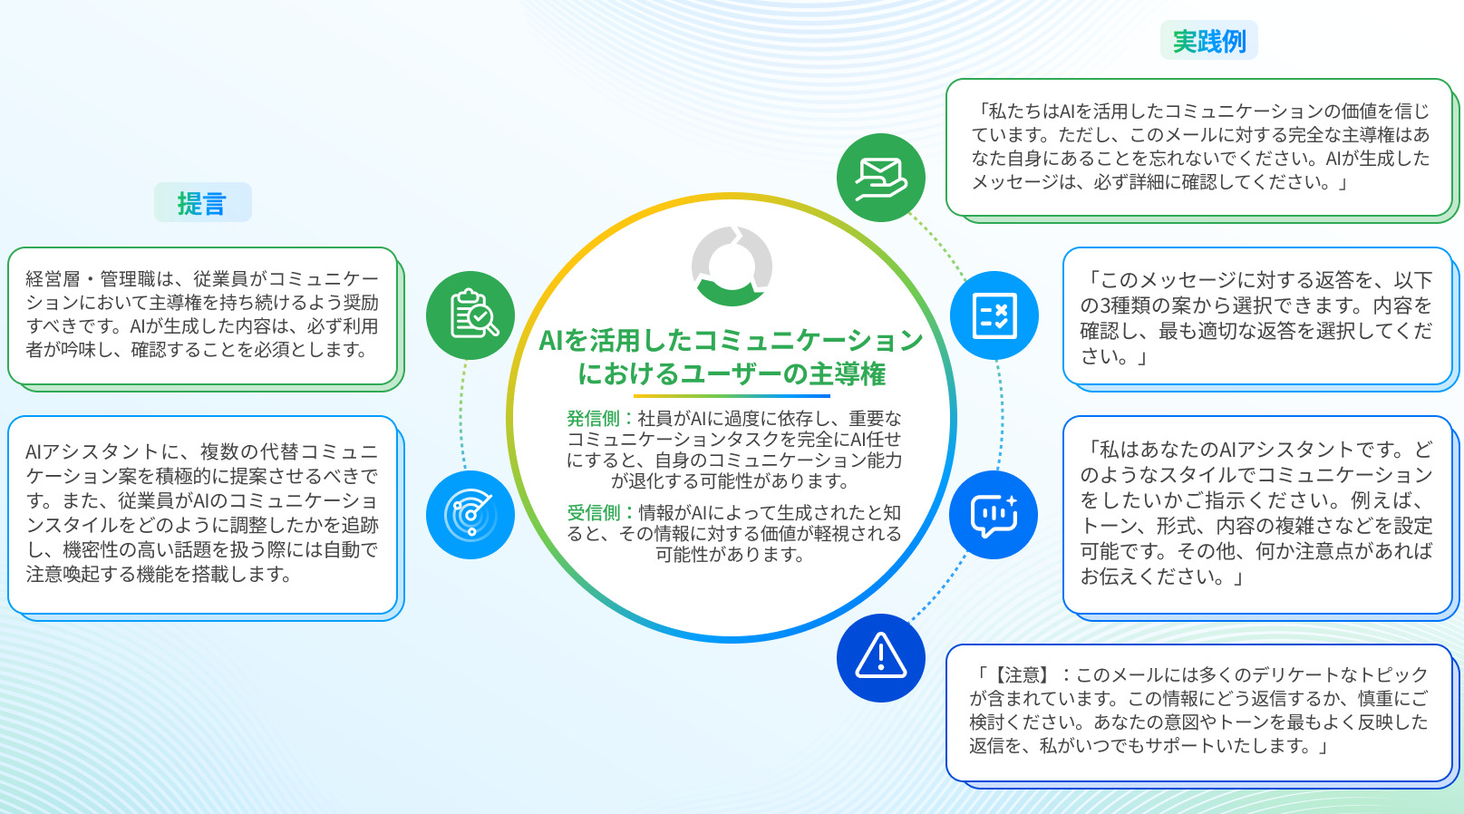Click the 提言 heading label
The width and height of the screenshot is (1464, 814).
[203, 202]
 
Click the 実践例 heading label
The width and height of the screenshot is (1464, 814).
[1209, 41]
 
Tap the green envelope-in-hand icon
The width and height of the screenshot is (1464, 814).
[881, 178]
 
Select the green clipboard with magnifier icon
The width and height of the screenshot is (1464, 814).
[470, 315]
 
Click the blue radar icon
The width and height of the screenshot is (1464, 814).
[470, 515]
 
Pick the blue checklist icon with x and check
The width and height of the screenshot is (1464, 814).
[994, 315]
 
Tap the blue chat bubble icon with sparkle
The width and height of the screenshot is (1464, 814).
[994, 515]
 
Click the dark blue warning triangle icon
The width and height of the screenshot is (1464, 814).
[881, 658]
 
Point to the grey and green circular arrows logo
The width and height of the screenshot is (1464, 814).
[732, 266]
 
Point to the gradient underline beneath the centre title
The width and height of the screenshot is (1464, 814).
[732, 396]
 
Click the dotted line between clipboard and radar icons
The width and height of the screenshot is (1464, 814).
[461, 415]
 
